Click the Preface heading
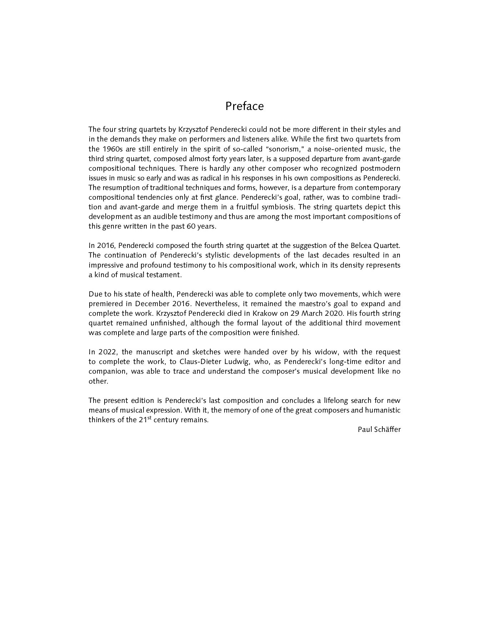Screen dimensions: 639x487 244,106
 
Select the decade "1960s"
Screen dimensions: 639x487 111,149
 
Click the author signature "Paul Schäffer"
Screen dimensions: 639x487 379,429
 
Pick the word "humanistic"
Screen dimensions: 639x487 382,410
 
